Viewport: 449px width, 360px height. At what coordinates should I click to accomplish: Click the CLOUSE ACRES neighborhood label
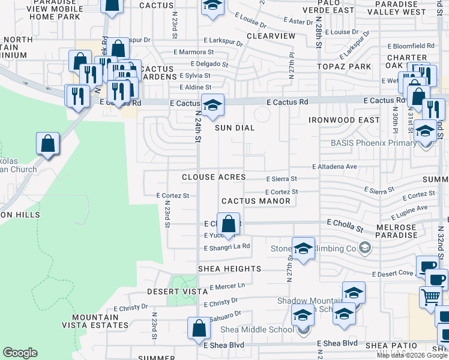tap(214, 178)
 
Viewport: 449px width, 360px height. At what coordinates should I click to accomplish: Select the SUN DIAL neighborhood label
tap(236, 128)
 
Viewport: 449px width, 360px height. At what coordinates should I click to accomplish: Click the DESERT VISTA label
tap(172, 292)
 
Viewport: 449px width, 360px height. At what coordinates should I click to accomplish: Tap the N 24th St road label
tap(197, 126)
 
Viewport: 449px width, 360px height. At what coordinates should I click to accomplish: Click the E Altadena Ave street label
tap(334, 167)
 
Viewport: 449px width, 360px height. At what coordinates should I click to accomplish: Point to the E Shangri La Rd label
tap(227, 247)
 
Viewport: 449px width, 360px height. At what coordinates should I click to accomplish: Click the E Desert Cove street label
tap(393, 274)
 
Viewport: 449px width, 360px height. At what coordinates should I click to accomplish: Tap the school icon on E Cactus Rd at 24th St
tap(212, 106)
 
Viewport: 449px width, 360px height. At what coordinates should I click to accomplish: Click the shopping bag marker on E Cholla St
tap(228, 225)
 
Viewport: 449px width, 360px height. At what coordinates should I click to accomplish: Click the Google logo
tap(20, 353)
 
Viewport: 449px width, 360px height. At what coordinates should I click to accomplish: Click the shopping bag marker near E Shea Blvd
tap(199, 328)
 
